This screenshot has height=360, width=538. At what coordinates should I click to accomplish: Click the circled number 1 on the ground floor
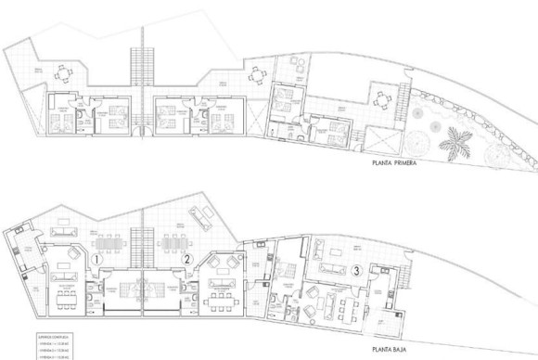(98, 259)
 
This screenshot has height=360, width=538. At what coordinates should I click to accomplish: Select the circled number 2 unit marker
(186, 259)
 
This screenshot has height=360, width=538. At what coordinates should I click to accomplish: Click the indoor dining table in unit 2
(219, 297)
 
